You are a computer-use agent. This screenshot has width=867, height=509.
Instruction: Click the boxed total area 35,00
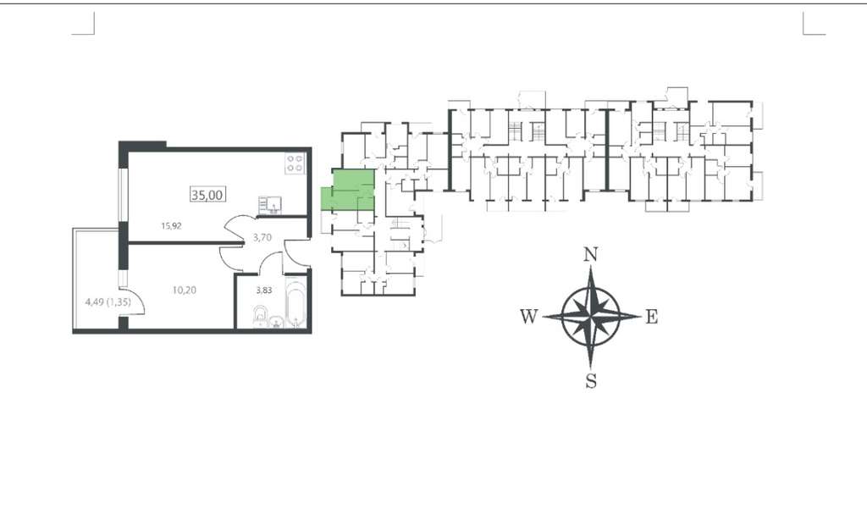tap(208, 195)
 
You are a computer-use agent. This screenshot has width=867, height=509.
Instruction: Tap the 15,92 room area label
tap(171, 226)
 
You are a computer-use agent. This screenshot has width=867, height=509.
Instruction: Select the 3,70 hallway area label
tap(262, 237)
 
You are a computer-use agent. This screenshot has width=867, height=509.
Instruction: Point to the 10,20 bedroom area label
tap(184, 290)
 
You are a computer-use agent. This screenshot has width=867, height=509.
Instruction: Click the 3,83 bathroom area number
tap(264, 290)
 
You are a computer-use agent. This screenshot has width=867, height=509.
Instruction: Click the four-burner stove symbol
tap(295, 163)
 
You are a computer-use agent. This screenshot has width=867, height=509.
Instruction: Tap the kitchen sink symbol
tap(270, 205)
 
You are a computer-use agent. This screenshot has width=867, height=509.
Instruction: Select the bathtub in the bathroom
tap(295, 306)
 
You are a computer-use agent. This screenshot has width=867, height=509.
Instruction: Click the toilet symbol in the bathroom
tap(260, 318)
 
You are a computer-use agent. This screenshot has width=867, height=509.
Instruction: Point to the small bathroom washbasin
tap(276, 323)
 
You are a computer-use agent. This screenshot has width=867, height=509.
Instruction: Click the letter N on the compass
tap(591, 254)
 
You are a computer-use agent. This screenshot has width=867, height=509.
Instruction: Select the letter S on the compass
tap(591, 381)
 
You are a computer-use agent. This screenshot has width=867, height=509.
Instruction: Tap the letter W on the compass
tap(528, 317)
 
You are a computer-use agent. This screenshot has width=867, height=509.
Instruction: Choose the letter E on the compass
tap(652, 317)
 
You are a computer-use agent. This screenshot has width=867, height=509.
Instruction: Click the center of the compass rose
tap(591, 317)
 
